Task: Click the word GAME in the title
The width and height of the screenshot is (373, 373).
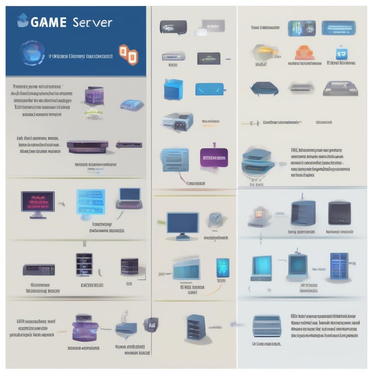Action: pyautogui.click(x=48, y=22)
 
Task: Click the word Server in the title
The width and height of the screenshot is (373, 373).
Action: pyautogui.click(x=93, y=22)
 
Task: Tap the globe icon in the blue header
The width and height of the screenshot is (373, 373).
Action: pyautogui.click(x=32, y=53)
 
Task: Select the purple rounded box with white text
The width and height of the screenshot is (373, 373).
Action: pyautogui.click(x=214, y=157)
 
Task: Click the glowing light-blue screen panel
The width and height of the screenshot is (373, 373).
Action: pyautogui.click(x=90, y=201)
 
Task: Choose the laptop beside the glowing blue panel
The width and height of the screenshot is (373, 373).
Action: pyautogui.click(x=129, y=199)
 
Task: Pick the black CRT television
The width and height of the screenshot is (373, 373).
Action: pyautogui.click(x=339, y=213)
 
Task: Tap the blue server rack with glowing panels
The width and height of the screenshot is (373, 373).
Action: pyautogui.click(x=339, y=266)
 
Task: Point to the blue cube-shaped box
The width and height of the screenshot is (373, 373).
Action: pyautogui.click(x=173, y=90)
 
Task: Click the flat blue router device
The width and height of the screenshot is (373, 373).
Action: pyautogui.click(x=210, y=89)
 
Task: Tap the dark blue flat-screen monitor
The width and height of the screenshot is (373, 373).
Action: pyautogui.click(x=182, y=224)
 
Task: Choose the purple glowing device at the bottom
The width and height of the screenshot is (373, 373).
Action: pyautogui.click(x=85, y=328)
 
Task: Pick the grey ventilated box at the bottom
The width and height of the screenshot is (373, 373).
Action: pyautogui.click(x=267, y=326)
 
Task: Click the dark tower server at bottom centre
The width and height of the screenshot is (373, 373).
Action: pyautogui.click(x=196, y=327)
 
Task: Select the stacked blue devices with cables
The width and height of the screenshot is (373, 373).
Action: pyautogui.click(x=258, y=162)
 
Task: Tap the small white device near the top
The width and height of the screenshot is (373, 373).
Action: pyautogui.click(x=200, y=32)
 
